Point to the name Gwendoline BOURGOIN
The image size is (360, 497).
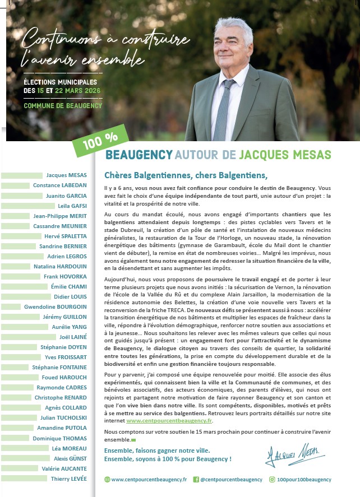[x=56, y=307]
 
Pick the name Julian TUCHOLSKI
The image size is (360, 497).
[x=63, y=417]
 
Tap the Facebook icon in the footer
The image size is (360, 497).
[x=196, y=480]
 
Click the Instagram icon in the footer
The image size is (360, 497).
[x=272, y=480]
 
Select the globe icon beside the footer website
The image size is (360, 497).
[x=107, y=480]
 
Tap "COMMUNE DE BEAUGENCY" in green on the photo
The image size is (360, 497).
[x=63, y=105]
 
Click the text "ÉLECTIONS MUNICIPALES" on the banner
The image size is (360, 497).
[x=60, y=82]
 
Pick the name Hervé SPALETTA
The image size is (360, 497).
[x=66, y=236]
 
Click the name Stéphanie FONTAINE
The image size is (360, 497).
[x=59, y=368]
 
